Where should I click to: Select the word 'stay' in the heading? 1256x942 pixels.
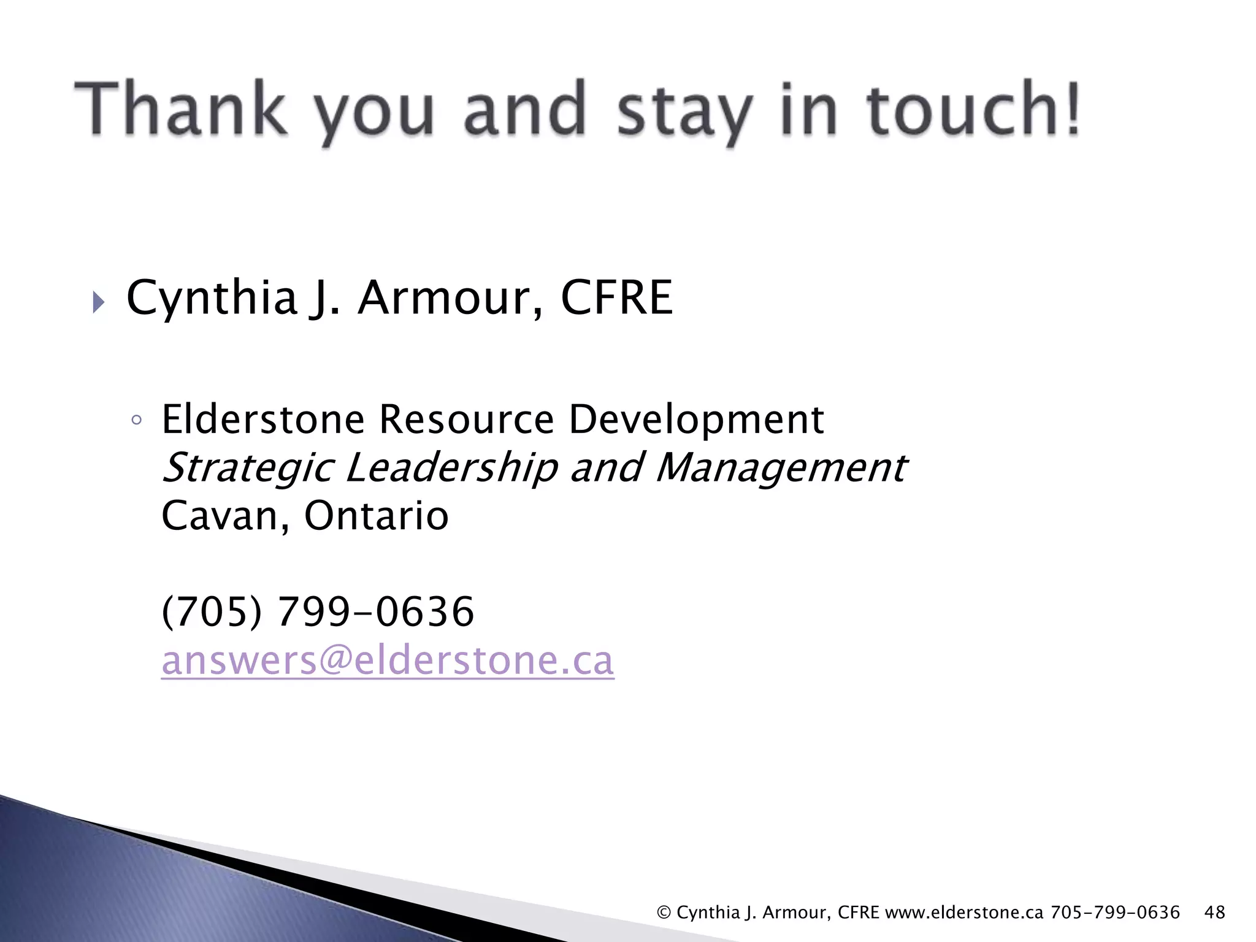pos(683,113)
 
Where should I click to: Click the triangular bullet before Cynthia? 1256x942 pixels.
pos(99,302)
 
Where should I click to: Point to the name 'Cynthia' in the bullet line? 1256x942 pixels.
pos(212,299)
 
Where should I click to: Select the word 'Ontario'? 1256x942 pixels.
pos(377,516)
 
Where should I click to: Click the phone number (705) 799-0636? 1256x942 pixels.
pos(318,611)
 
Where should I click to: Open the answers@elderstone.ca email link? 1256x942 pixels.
pos(388,661)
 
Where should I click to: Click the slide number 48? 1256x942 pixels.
pos(1214,912)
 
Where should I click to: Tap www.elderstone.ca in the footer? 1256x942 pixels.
pos(964,913)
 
